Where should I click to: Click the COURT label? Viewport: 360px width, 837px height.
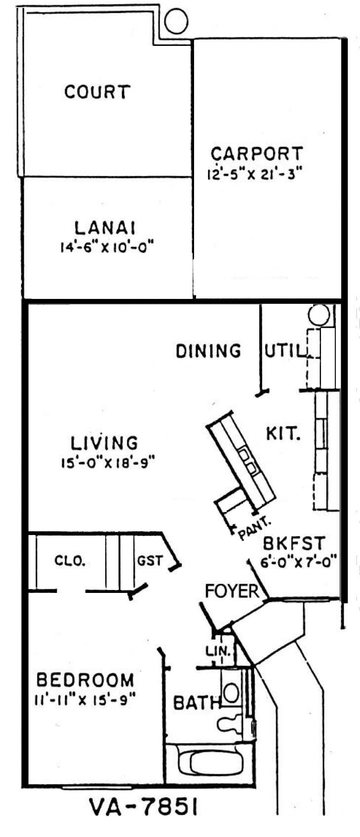pyautogui.click(x=97, y=92)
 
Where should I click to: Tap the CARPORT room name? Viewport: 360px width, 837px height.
pyautogui.click(x=257, y=154)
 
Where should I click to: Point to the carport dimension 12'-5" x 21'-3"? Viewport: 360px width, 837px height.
pyautogui.click(x=254, y=174)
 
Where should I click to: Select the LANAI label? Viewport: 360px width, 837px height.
pyautogui.click(x=105, y=228)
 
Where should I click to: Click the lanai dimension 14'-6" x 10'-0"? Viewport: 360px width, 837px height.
pyautogui.click(x=107, y=247)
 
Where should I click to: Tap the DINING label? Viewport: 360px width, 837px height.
pyautogui.click(x=208, y=351)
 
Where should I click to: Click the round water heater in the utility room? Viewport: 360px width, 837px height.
pyautogui.click(x=320, y=315)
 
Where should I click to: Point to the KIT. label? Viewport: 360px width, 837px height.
pyautogui.click(x=283, y=434)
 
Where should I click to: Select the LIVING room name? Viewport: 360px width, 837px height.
pyautogui.click(x=105, y=443)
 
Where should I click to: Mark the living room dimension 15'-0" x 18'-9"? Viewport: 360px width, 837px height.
pyautogui.click(x=108, y=463)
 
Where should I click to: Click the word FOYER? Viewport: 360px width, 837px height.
pyautogui.click(x=232, y=591)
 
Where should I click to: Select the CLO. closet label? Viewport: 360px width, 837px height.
pyautogui.click(x=70, y=560)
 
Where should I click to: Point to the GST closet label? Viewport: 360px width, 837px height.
pyautogui.click(x=150, y=560)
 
